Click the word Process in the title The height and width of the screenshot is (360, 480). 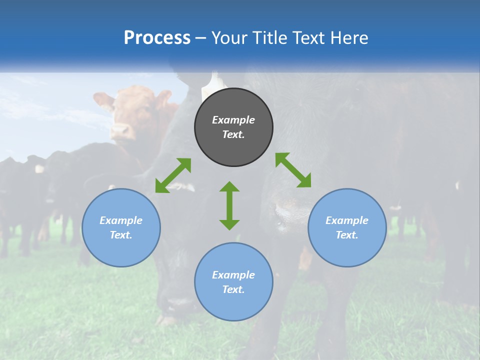[157, 38]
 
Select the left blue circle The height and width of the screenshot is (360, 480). [121, 250]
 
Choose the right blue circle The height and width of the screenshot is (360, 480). [347, 250]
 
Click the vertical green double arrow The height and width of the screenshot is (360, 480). [229, 205]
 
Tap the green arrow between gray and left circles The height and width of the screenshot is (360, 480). [173, 175]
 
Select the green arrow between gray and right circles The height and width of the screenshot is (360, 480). [293, 170]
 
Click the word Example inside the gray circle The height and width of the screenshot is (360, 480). [233, 120]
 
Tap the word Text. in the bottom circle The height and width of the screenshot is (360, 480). [233, 289]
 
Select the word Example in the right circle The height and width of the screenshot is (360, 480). [347, 220]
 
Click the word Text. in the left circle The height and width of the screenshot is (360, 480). [121, 235]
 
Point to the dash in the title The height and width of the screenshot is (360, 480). [200, 38]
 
